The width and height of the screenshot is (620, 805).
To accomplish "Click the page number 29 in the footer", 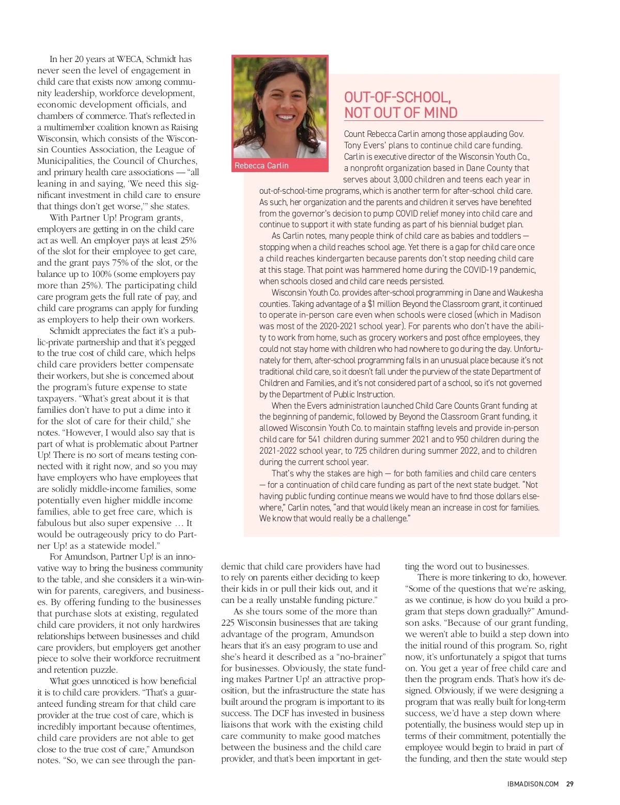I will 569,784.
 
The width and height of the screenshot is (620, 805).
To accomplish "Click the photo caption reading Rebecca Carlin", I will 261,165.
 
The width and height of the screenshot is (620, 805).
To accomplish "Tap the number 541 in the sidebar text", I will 315,439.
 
